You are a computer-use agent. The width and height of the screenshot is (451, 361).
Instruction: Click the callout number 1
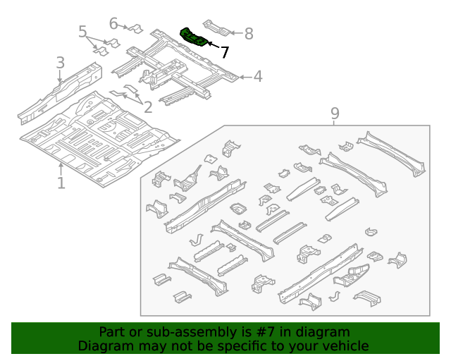[x=61, y=183]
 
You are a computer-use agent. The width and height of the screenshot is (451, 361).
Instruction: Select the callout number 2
[x=147, y=107]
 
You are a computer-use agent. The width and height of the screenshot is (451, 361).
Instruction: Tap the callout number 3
[x=61, y=63]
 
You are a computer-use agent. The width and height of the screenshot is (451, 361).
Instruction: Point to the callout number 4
[x=258, y=76]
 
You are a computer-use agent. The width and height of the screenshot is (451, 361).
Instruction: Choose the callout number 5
[x=83, y=32]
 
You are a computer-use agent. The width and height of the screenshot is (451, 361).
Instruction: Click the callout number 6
[x=113, y=23]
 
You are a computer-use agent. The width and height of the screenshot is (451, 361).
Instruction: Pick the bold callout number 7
[x=224, y=52]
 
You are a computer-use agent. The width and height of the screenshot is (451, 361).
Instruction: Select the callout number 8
[x=247, y=33]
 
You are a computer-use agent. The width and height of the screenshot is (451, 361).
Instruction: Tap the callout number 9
[x=335, y=113]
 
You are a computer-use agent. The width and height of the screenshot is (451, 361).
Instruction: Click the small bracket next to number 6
[x=135, y=29]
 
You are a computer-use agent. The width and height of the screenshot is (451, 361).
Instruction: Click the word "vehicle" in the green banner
[x=343, y=345]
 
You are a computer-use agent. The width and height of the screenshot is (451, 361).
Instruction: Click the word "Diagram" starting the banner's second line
[x=103, y=345]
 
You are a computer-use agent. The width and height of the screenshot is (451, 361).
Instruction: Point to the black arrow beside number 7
[x=213, y=47]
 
